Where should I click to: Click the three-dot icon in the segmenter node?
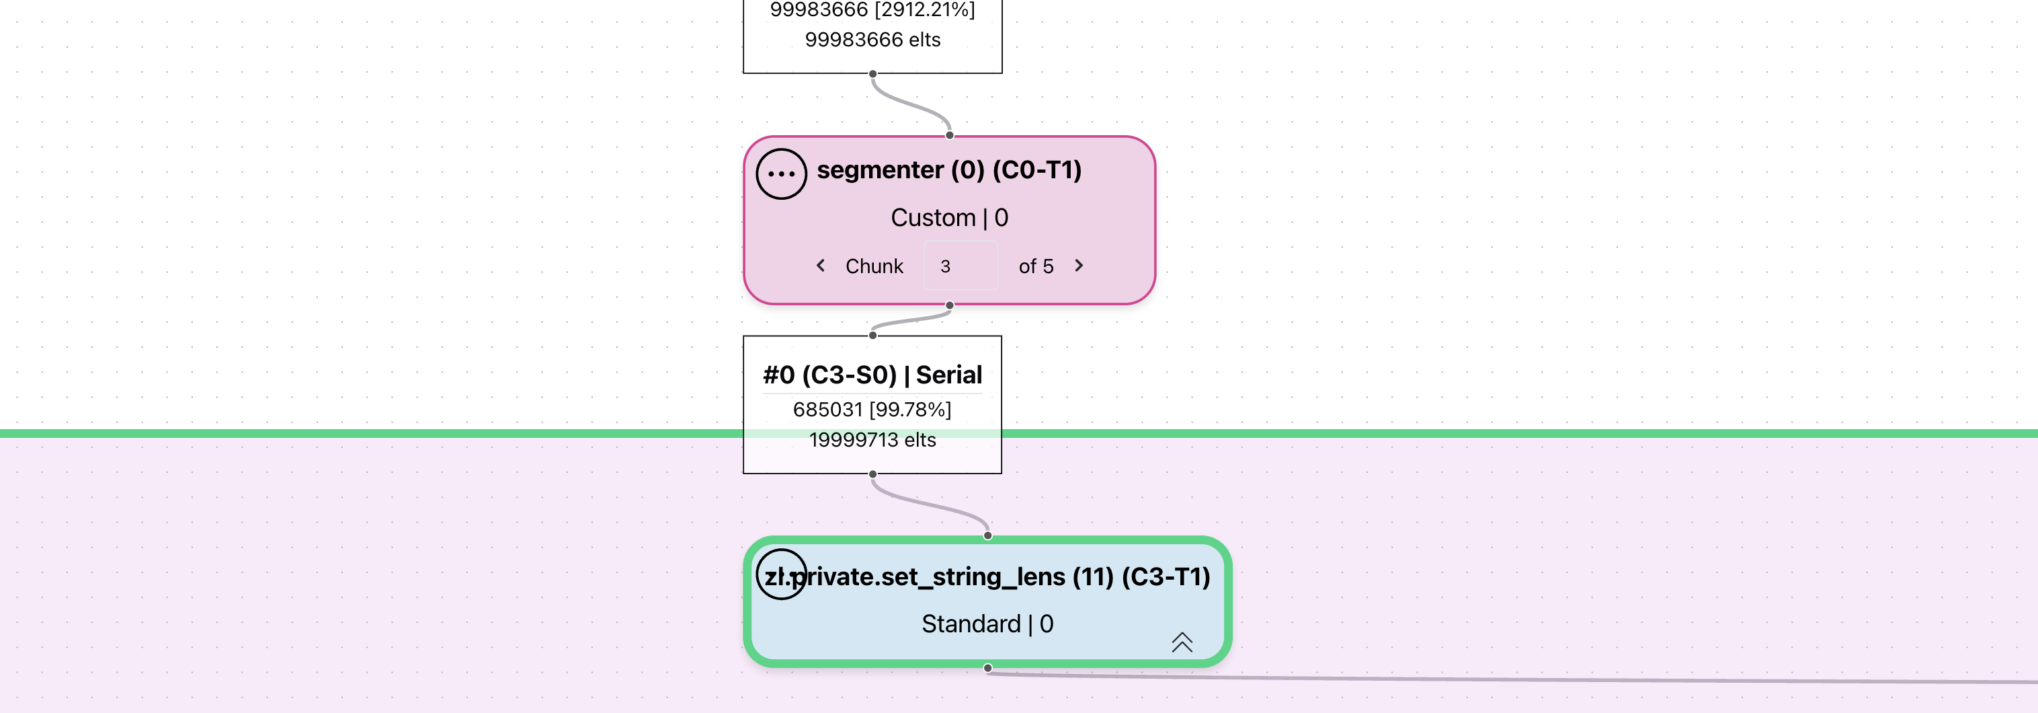781,174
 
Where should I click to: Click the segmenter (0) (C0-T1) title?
948,170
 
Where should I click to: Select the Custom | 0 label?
948,218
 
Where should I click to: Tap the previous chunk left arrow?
821,266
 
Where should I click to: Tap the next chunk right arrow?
1078,266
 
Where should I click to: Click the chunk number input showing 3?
961,266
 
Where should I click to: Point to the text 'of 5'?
1036,266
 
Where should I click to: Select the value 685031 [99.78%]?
872,409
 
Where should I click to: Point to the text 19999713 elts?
872,440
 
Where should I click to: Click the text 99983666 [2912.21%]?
872,10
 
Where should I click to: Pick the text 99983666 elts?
872,40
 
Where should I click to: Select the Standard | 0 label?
987,624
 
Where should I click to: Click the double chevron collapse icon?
1181,642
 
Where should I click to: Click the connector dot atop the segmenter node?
949,135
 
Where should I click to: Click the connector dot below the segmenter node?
949,305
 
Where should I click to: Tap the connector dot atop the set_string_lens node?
987,535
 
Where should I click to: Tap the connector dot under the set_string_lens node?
987,669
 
